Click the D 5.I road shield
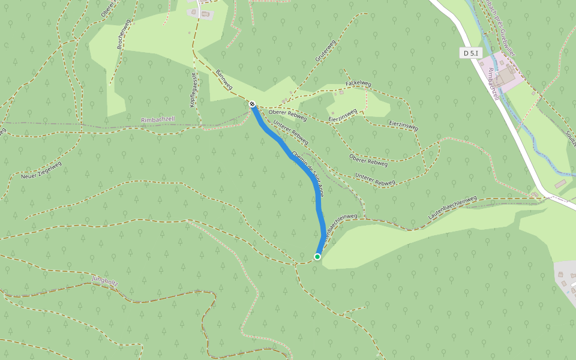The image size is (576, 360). point(472,53)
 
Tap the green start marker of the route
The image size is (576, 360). point(317,257)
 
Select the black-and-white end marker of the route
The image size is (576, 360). point(253,104)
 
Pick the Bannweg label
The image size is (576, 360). point(224,79)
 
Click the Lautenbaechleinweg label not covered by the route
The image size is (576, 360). point(452,206)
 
